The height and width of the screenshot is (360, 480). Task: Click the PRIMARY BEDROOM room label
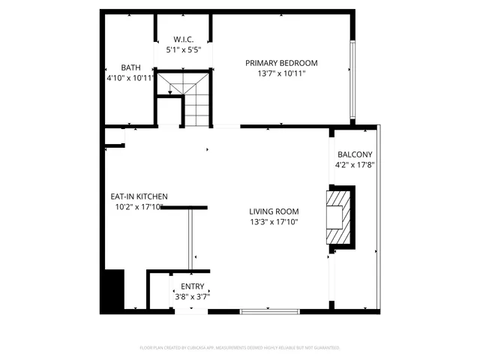281,63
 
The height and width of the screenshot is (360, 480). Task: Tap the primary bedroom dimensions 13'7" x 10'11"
281,73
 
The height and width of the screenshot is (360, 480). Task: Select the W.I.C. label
184,39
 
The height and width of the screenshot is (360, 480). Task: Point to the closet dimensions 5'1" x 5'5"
184,50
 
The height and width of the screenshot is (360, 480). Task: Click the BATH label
131,67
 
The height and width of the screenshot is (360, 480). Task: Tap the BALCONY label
355,154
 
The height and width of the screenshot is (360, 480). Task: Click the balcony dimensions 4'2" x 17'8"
355,165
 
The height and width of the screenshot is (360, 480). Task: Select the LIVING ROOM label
274,211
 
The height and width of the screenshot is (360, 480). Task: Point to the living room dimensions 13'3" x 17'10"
274,222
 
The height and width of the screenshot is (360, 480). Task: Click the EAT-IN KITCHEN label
139,196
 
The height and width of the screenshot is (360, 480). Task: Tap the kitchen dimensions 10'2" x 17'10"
139,207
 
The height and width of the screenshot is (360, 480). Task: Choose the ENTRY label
192,286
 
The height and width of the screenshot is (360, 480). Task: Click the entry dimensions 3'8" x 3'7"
192,296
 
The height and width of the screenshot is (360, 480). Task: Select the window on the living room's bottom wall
270,310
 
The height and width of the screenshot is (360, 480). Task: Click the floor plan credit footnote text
240,348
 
